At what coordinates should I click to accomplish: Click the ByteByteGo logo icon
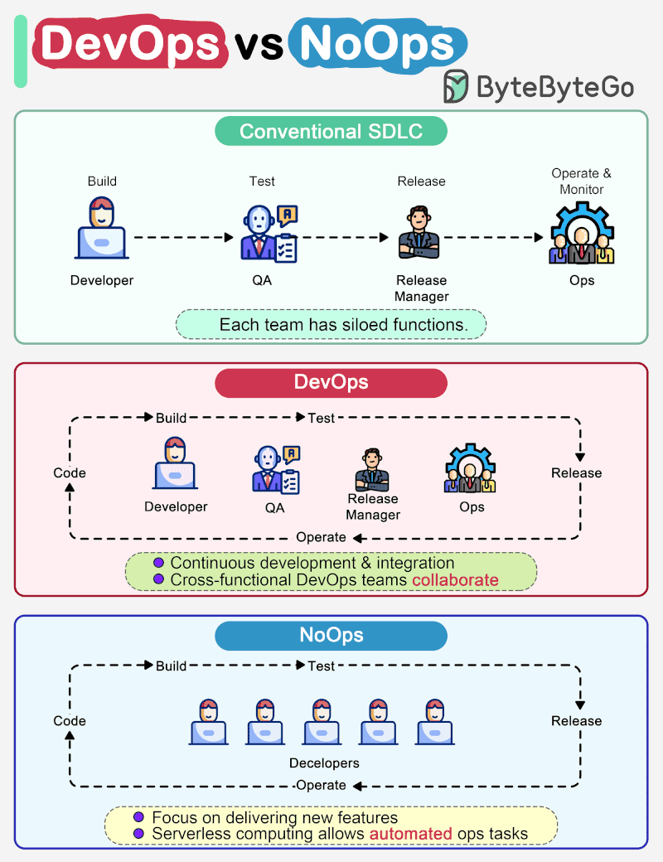(x=457, y=86)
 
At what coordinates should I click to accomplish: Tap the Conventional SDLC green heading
(x=331, y=132)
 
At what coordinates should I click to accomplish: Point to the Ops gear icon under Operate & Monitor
(x=582, y=235)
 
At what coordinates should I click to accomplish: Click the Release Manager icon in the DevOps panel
(x=372, y=469)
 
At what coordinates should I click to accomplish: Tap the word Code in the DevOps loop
(x=70, y=473)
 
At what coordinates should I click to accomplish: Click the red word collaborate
(x=455, y=580)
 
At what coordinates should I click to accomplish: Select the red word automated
(x=410, y=834)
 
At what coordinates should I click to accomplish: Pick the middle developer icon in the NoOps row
(x=322, y=722)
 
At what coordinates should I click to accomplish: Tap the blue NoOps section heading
(x=331, y=637)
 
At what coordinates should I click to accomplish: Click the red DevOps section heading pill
(x=331, y=383)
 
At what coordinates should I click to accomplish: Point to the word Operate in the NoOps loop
(x=321, y=785)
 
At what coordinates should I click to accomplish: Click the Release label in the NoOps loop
(x=576, y=721)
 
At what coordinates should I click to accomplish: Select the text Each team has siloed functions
(x=343, y=325)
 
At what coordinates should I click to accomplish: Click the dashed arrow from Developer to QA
(x=184, y=237)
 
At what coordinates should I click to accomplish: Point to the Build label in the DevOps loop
(x=171, y=418)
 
